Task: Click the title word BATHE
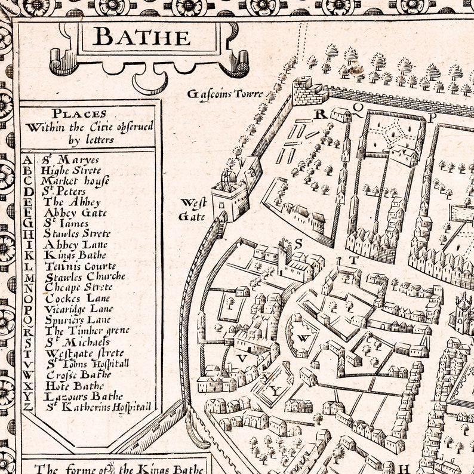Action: point(142,37)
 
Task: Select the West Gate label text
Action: point(193,210)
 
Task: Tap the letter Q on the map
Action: point(358,108)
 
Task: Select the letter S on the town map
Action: point(298,243)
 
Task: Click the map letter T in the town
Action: point(353,260)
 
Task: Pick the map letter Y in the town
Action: point(275,392)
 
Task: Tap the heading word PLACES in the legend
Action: point(79,113)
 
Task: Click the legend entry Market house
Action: point(67,181)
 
